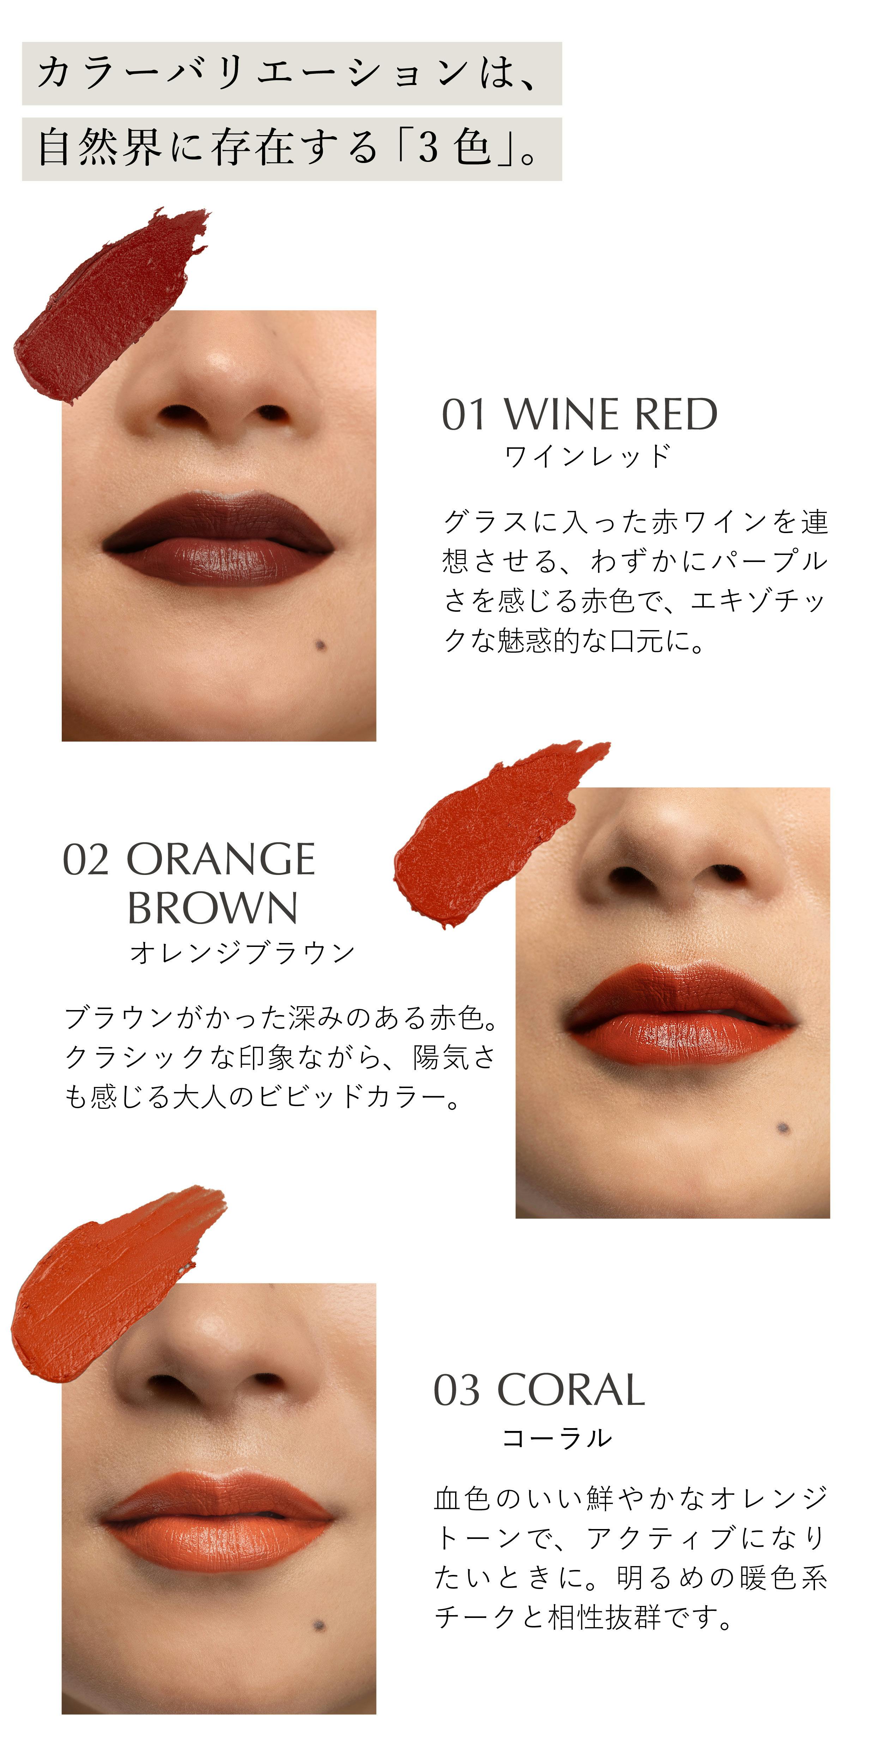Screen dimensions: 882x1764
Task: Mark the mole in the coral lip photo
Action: pyautogui.click(x=319, y=1624)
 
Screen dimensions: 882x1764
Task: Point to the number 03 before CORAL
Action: pyautogui.click(x=457, y=1391)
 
